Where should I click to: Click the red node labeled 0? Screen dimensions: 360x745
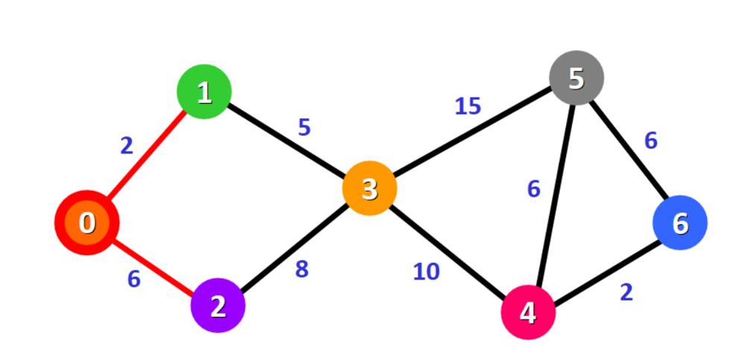pyautogui.click(x=87, y=222)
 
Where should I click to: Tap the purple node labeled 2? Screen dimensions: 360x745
pyautogui.click(x=218, y=306)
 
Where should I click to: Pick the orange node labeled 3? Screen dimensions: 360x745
pyautogui.click(x=370, y=189)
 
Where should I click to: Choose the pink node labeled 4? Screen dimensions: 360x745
pyautogui.click(x=528, y=312)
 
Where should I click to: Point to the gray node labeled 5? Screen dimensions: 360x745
pyautogui.click(x=576, y=78)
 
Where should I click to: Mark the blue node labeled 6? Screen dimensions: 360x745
pyautogui.click(x=679, y=223)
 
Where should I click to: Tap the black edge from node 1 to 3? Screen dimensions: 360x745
pyautogui.click(x=287, y=140)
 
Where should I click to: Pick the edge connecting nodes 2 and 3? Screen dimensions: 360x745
pyautogui.click(x=294, y=247)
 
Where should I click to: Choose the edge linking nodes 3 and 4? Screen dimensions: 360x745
pyautogui.click(x=448, y=250)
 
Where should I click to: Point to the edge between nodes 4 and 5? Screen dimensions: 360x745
pyautogui.click(x=552, y=195)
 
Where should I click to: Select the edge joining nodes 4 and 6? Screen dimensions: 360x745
pyautogui.click(x=603, y=268)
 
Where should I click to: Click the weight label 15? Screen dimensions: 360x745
pyautogui.click(x=468, y=107)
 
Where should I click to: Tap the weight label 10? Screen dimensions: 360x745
pyautogui.click(x=426, y=272)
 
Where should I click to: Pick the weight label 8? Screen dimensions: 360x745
pyautogui.click(x=302, y=269)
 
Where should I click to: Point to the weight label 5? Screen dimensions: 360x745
pyautogui.click(x=304, y=127)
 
